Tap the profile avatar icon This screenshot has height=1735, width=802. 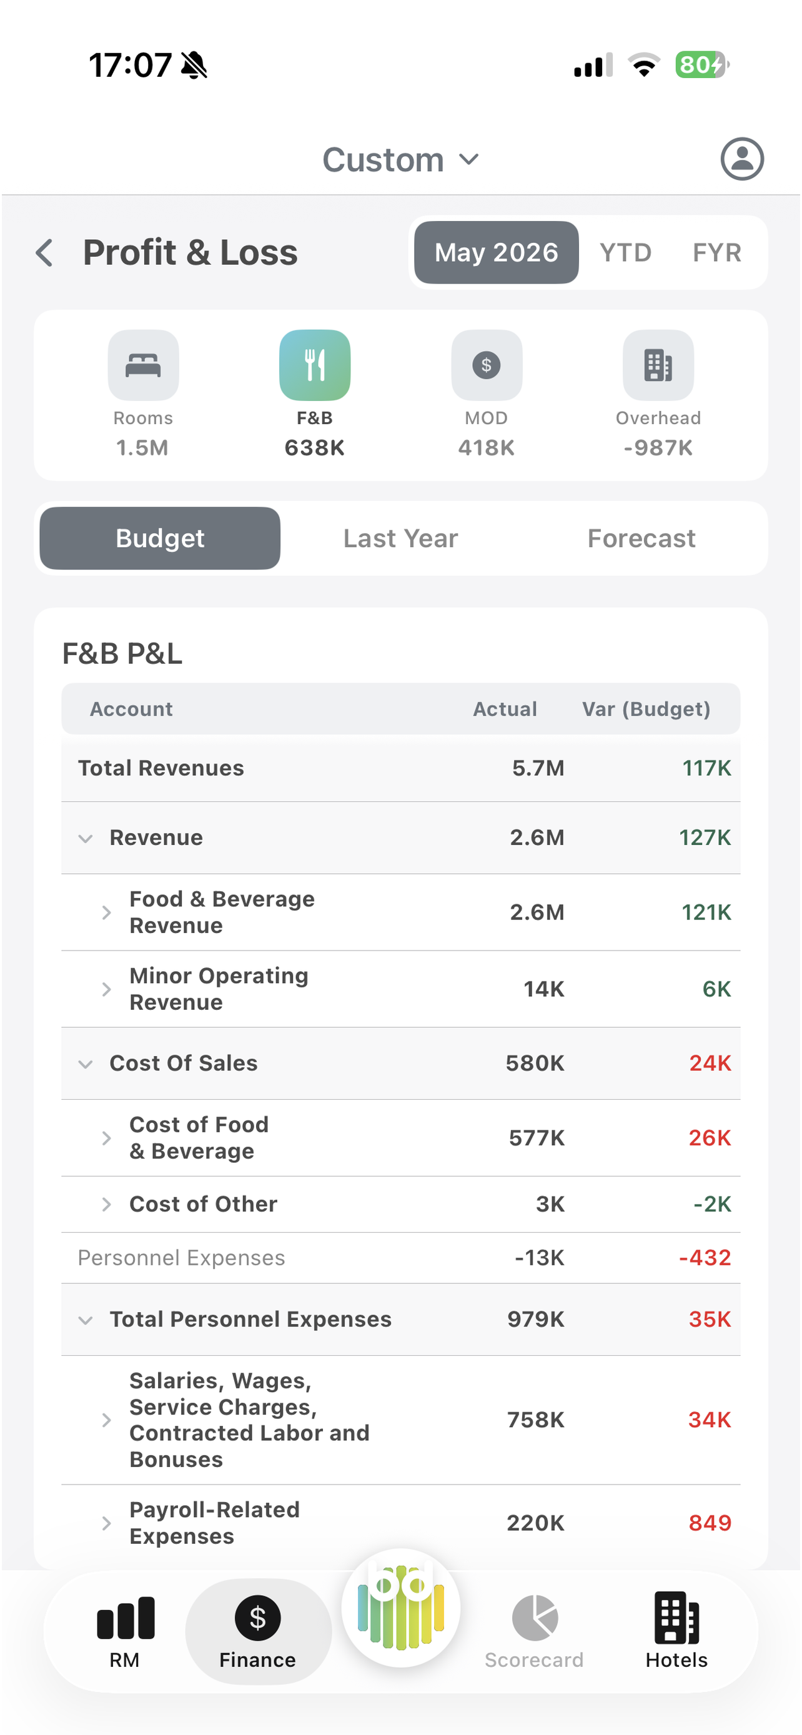(742, 159)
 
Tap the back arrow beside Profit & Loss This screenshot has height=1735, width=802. (44, 253)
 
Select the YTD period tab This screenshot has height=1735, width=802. (626, 252)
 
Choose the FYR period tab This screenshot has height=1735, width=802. (717, 252)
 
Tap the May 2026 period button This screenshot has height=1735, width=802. (497, 252)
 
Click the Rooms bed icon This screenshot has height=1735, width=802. (144, 365)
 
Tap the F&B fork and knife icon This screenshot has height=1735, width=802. (314, 365)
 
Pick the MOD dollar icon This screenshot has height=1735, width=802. (486, 365)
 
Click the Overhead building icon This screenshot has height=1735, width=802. (658, 365)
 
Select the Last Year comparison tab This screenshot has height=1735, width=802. (400, 538)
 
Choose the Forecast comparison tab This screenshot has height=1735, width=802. (641, 538)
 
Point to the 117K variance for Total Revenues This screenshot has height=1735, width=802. (706, 768)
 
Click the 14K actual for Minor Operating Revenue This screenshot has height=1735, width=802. (544, 989)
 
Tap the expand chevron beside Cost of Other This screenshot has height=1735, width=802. (106, 1204)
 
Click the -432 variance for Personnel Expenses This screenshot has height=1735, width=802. (705, 1257)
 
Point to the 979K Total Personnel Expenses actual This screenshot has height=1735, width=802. (536, 1319)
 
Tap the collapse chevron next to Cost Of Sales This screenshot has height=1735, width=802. (86, 1064)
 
